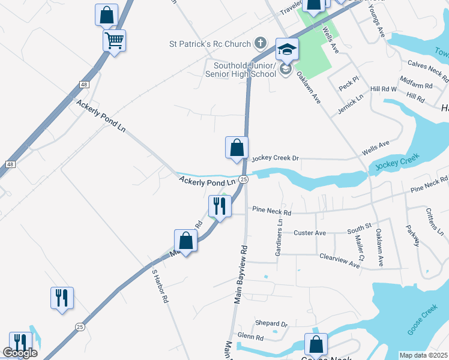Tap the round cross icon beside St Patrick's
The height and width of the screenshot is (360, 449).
[260, 43]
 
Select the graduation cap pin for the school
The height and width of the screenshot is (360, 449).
[287, 49]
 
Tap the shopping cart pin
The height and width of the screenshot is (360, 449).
[113, 41]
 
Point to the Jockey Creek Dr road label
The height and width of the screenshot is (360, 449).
[275, 158]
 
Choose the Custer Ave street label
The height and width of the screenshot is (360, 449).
[310, 232]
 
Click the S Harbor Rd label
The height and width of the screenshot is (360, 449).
[160, 286]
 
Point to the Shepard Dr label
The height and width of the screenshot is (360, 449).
[271, 324]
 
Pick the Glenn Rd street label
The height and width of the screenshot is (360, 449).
[251, 337]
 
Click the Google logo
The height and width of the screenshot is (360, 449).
[20, 353]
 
